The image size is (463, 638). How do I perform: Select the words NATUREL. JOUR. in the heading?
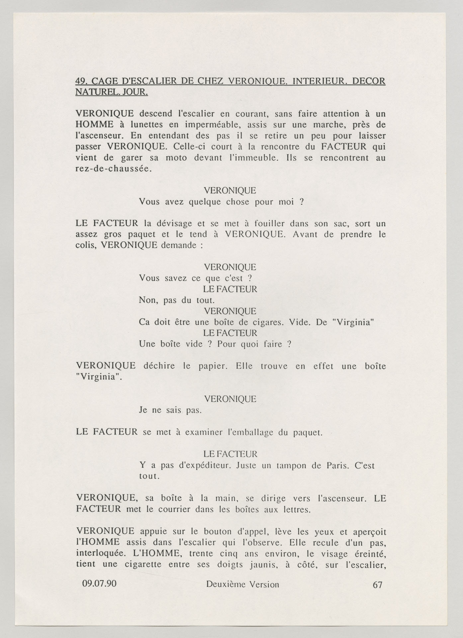click(x=112, y=92)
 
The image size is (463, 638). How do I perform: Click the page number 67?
click(x=378, y=585)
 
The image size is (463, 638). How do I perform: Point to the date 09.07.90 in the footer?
click(x=99, y=584)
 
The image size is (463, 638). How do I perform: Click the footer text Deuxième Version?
click(x=242, y=584)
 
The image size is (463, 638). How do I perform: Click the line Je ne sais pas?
click(x=170, y=410)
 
